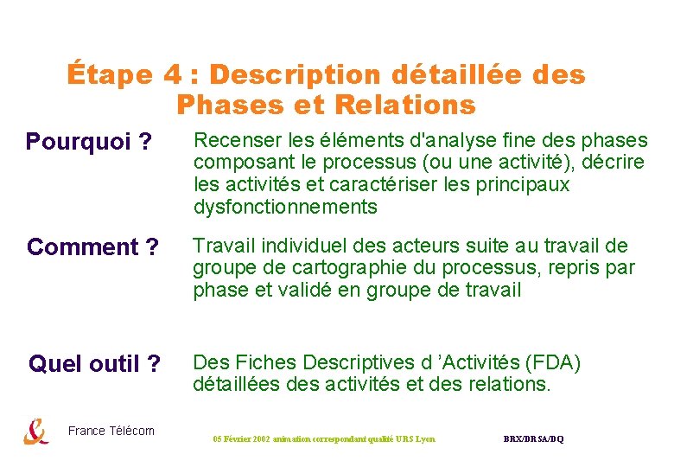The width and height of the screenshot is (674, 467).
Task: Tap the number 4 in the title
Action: [x=171, y=76]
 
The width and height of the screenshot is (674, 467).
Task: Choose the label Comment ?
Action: [x=92, y=247]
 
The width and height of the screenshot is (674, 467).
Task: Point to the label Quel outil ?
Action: [x=94, y=364]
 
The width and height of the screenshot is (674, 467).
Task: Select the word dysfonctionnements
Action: [x=285, y=208]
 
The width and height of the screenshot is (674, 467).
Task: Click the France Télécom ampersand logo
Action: [x=36, y=431]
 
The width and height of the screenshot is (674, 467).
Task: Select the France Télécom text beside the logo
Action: [x=111, y=431]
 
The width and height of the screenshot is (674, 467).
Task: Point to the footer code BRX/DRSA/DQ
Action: [x=533, y=439]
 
